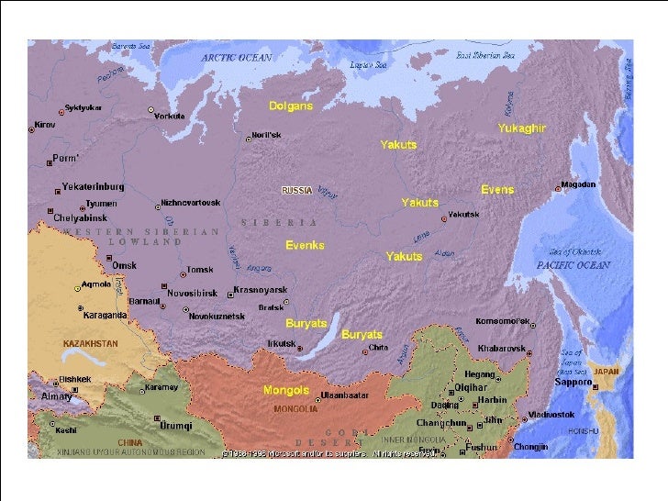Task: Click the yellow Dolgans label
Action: click(291, 106)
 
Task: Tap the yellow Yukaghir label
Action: click(521, 128)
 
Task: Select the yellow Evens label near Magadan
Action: click(497, 190)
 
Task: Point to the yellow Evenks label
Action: click(305, 246)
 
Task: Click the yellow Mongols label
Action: click(285, 390)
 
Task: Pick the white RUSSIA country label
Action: click(297, 191)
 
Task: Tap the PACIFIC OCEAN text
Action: click(573, 265)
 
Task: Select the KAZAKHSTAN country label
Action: click(90, 343)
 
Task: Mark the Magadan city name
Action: click(578, 184)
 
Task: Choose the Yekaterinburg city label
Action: click(93, 187)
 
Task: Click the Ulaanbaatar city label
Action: click(345, 395)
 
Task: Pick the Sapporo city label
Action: click(573, 381)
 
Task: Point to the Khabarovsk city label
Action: click(501, 349)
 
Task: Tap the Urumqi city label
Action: click(176, 427)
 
